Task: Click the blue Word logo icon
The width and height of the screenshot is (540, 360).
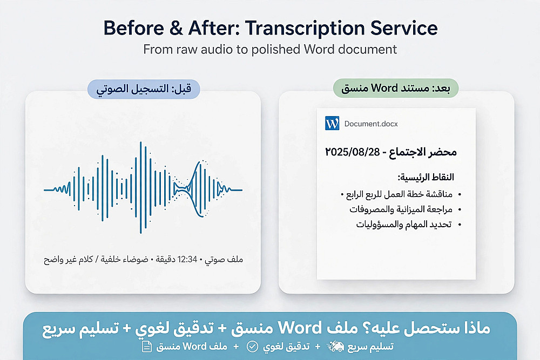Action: pos(332,123)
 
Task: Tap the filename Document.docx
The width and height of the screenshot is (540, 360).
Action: pos(371,124)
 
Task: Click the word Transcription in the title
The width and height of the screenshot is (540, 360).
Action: pos(305,28)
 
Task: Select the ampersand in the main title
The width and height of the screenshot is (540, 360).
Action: pos(176,28)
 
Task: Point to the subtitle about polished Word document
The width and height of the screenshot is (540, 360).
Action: pos(270,50)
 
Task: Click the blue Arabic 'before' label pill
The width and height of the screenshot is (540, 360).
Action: pos(144,89)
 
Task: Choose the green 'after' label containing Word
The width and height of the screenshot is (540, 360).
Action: pos(396,88)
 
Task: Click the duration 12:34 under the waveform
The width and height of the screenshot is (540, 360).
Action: pos(187,259)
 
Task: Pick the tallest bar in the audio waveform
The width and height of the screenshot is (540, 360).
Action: pos(140,188)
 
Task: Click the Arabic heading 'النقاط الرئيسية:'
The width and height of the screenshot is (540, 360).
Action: pos(426,177)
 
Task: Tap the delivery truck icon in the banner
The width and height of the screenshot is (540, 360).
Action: pos(335,347)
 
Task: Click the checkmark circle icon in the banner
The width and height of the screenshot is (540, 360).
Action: pos(252,347)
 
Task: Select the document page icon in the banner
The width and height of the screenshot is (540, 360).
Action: pos(147,347)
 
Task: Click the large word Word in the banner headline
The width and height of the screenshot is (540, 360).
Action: pos(300,328)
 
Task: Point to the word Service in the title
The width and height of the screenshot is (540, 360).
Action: pos(404,28)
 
